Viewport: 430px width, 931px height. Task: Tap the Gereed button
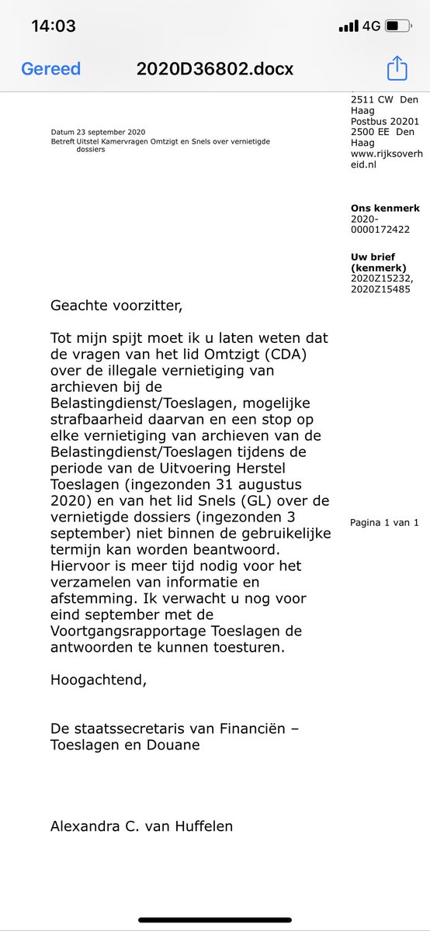coord(50,68)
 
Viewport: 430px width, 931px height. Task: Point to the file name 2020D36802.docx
coord(215,68)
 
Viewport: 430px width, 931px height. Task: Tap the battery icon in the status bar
coord(398,26)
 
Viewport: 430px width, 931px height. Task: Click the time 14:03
coord(54,26)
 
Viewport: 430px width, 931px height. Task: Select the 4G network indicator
coord(371,26)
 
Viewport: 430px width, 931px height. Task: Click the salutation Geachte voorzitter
coord(116,305)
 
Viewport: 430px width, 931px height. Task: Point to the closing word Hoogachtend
coord(98,680)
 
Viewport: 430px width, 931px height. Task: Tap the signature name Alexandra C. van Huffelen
coord(141,826)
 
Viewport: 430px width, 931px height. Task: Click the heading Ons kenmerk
coord(385,208)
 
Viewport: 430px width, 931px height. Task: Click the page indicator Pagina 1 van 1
coord(384,522)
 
